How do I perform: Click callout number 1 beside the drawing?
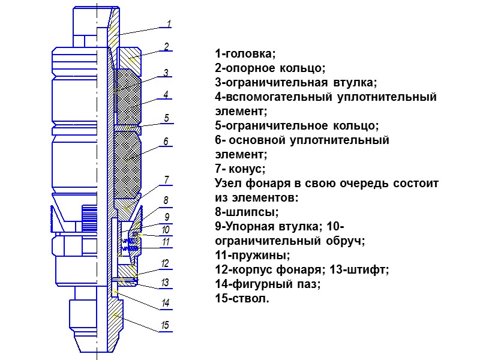169,24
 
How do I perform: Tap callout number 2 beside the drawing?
167,46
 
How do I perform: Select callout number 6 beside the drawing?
166,142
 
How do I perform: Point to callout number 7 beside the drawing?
166,179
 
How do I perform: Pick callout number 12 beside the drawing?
166,263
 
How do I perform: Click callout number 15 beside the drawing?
166,326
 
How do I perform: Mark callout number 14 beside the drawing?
166,303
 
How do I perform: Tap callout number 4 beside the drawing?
166,94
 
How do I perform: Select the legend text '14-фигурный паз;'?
268,284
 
